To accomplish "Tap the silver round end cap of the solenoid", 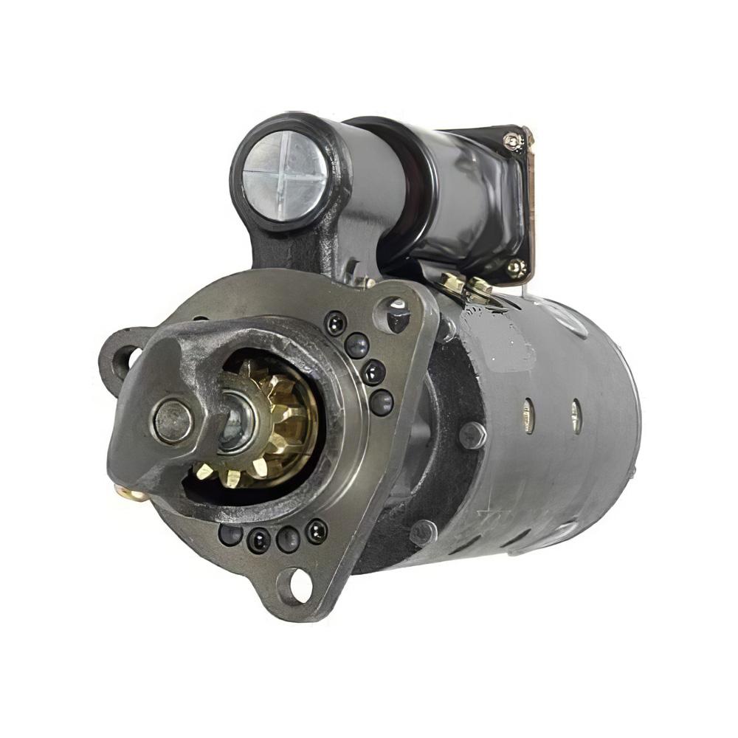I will pos(285,176).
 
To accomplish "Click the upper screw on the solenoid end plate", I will pos(512,140).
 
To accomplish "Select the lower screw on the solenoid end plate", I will pos(515,267).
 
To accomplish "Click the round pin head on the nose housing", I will pos(172,421).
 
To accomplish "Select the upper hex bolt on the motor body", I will pos(472,435).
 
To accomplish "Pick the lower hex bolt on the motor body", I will pos(424,531).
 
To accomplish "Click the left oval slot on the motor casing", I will pos(527,415).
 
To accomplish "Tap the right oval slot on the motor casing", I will pos(576,415).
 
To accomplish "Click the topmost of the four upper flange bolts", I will pos(335,322).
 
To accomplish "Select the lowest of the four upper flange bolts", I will pos(381,402).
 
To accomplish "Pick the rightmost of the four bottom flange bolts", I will pos(316,530).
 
